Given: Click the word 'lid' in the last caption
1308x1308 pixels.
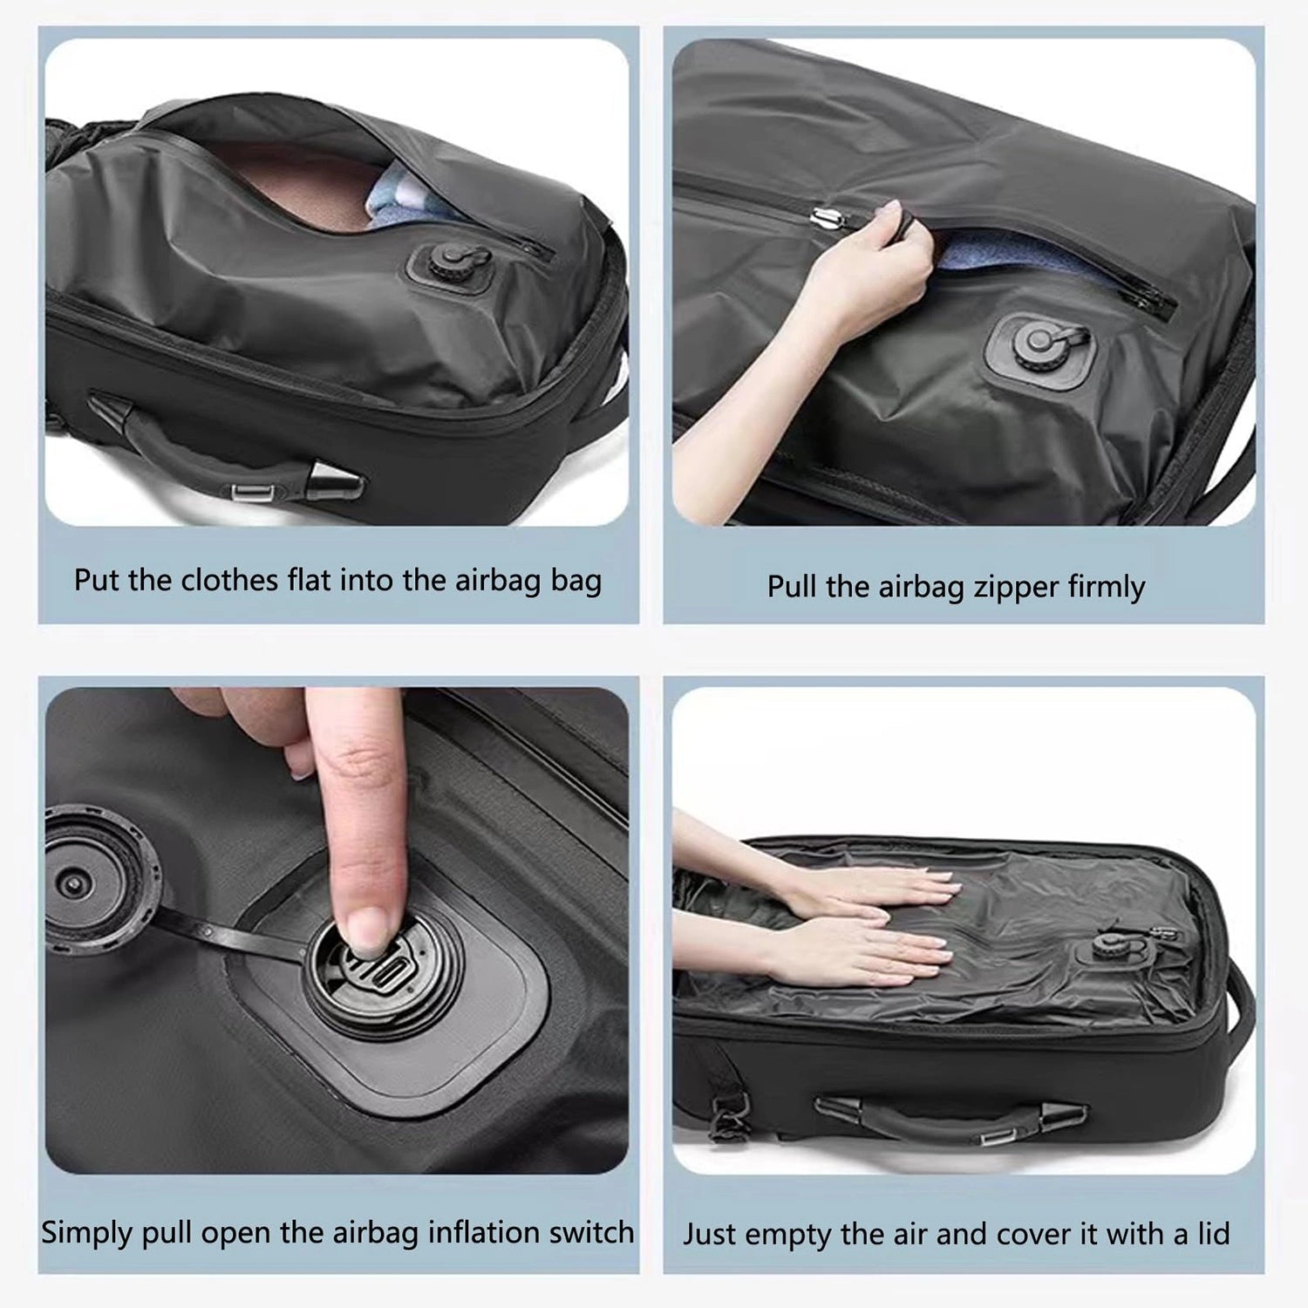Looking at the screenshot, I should coord(1213,1234).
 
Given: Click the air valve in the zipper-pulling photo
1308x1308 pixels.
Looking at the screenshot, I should coord(1038,344).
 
